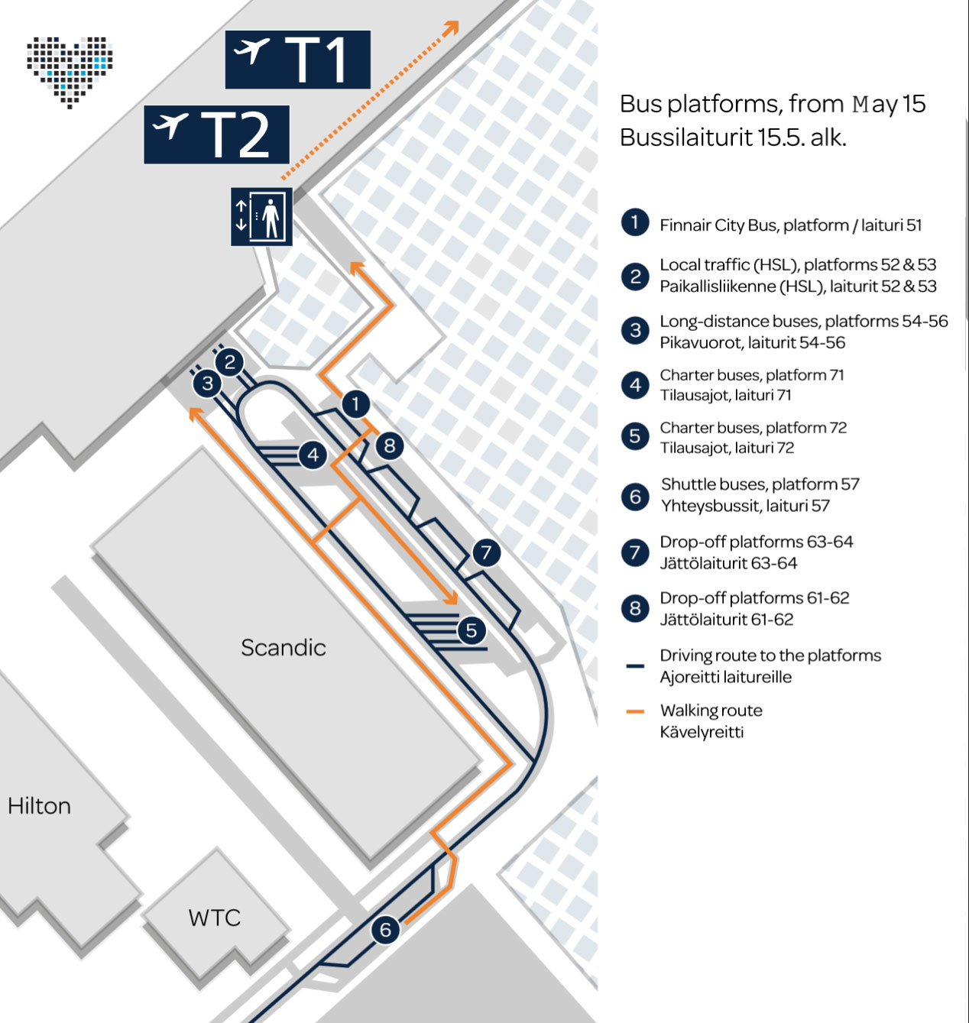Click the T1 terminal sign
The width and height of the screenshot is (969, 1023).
(298, 60)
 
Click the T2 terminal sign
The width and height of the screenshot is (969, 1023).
(216, 134)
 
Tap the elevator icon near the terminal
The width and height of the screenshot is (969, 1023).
(261, 216)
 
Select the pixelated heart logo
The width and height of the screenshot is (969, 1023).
(70, 73)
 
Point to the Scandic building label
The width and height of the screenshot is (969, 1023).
(284, 648)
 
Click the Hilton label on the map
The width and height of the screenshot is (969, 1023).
(39, 806)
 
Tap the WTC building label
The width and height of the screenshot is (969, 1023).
(215, 918)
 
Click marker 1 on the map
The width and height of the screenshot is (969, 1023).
(356, 404)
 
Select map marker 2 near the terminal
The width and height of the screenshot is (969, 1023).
(229, 362)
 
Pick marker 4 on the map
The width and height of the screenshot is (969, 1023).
(313, 455)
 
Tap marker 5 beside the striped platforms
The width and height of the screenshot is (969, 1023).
(472, 630)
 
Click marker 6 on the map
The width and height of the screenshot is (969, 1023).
(385, 930)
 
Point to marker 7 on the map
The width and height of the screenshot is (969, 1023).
(486, 552)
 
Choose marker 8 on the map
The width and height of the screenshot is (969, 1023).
(390, 446)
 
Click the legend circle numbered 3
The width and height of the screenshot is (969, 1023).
(635, 330)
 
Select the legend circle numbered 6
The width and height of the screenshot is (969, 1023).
(635, 497)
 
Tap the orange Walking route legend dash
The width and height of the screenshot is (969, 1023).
(635, 711)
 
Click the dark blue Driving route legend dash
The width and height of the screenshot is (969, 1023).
(635, 666)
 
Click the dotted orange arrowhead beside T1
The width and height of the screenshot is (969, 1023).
(452, 28)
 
